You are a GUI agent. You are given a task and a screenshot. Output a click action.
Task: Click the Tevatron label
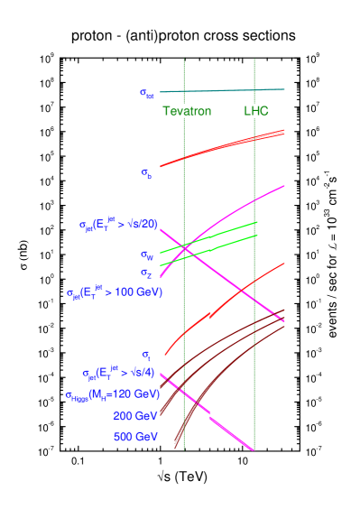pos(187,111)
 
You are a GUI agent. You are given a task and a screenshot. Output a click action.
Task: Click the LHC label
pos(256,111)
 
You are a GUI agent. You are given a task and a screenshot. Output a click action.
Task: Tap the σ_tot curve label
pos(147,92)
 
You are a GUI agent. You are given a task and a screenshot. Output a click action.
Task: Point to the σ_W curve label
pos(146,255)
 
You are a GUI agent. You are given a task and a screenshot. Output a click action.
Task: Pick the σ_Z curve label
pos(145,272)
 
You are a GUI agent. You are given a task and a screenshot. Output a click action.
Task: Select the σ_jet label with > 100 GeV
pos(115,292)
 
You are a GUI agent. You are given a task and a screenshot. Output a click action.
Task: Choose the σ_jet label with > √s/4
pos(119,373)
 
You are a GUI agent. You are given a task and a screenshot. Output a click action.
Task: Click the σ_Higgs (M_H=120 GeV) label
pos(112,395)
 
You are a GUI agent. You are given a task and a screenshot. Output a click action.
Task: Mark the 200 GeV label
pos(135,416)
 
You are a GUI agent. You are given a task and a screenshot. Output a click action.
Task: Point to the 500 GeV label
pos(135,437)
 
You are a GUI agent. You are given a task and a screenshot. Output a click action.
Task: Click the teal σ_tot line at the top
pos(226,90)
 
